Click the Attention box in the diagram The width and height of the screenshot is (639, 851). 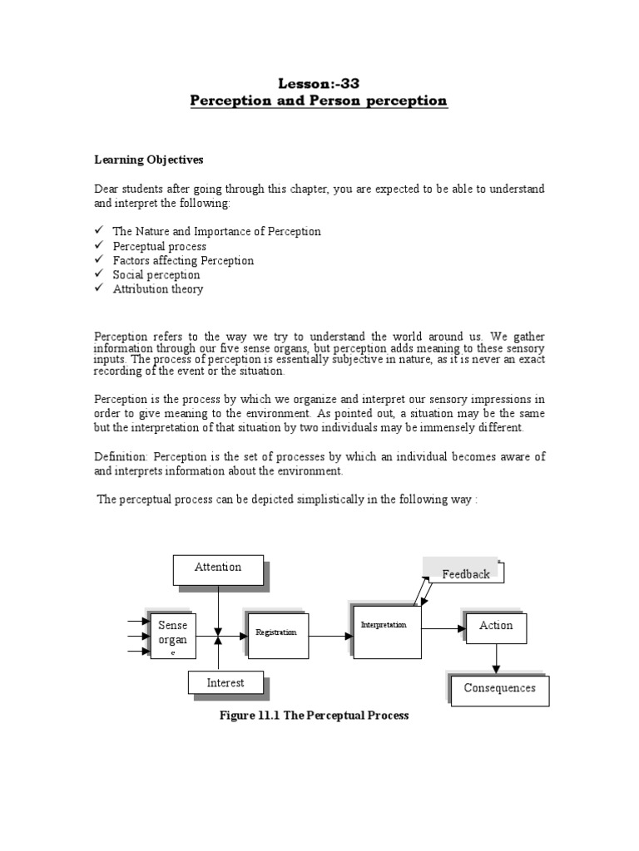point(218,569)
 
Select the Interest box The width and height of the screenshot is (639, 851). point(225,683)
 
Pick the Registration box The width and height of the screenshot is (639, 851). point(278,636)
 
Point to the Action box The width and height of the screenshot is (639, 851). point(496,627)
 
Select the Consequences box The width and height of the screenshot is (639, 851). point(499,690)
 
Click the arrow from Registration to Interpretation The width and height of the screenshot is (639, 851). point(330,637)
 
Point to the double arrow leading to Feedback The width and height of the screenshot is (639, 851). point(421,593)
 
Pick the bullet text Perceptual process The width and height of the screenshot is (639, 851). point(160,247)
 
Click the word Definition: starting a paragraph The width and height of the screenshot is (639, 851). point(121,457)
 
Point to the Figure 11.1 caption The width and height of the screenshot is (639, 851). point(314,716)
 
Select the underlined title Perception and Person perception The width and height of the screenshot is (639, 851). point(319,101)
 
